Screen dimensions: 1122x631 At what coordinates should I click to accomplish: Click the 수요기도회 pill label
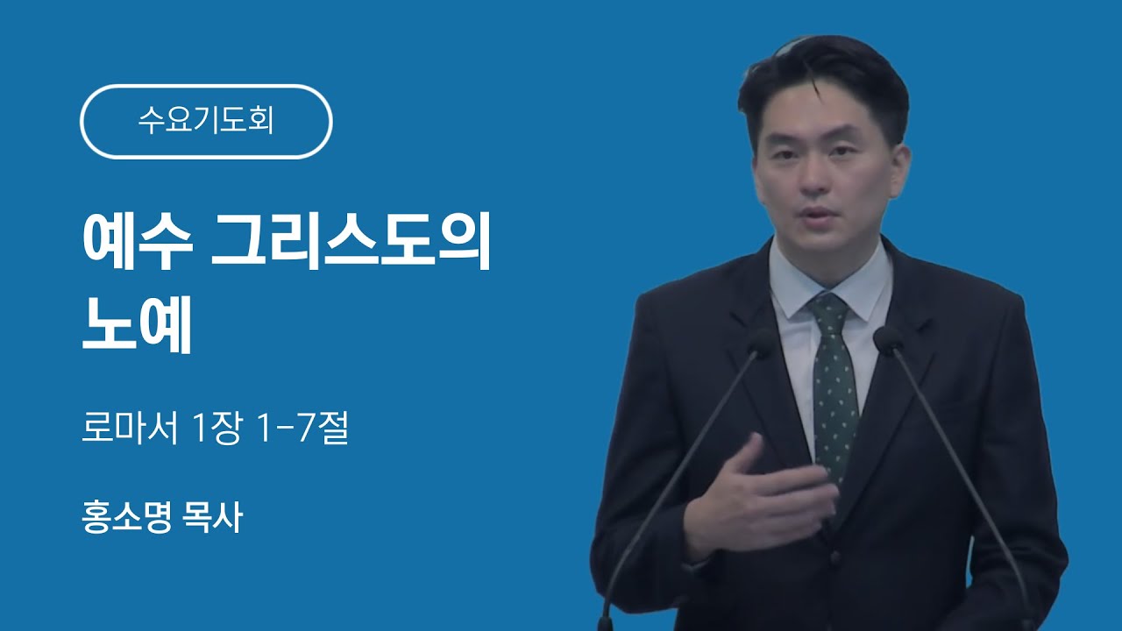click(x=206, y=122)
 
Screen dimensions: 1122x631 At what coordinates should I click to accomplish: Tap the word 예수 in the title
click(x=138, y=243)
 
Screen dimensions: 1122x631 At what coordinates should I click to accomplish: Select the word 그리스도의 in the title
click(x=351, y=243)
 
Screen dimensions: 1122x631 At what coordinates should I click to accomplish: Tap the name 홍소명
click(x=127, y=517)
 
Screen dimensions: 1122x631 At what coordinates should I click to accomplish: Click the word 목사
click(x=212, y=517)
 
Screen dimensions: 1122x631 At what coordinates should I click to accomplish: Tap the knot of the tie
click(x=829, y=308)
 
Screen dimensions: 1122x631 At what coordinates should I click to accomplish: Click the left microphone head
click(x=759, y=343)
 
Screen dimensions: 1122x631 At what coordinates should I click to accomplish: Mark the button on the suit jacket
click(x=835, y=557)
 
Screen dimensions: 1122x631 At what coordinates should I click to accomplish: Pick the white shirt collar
click(x=832, y=280)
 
